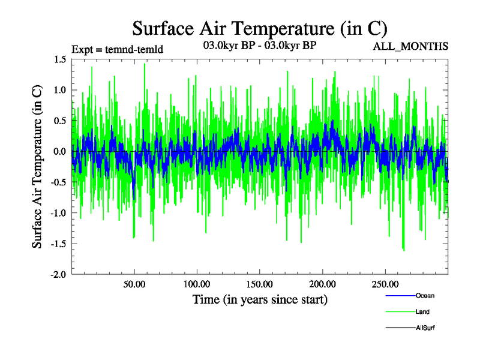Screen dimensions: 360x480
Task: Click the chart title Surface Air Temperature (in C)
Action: point(259,28)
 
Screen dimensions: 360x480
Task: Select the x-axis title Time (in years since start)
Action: point(260,299)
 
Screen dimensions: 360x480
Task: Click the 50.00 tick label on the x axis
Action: point(134,284)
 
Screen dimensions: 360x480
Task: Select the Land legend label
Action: point(422,312)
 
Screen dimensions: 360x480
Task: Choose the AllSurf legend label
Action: point(425,328)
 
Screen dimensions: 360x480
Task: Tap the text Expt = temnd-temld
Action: point(117,49)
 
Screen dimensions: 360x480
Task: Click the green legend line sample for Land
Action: point(399,312)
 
